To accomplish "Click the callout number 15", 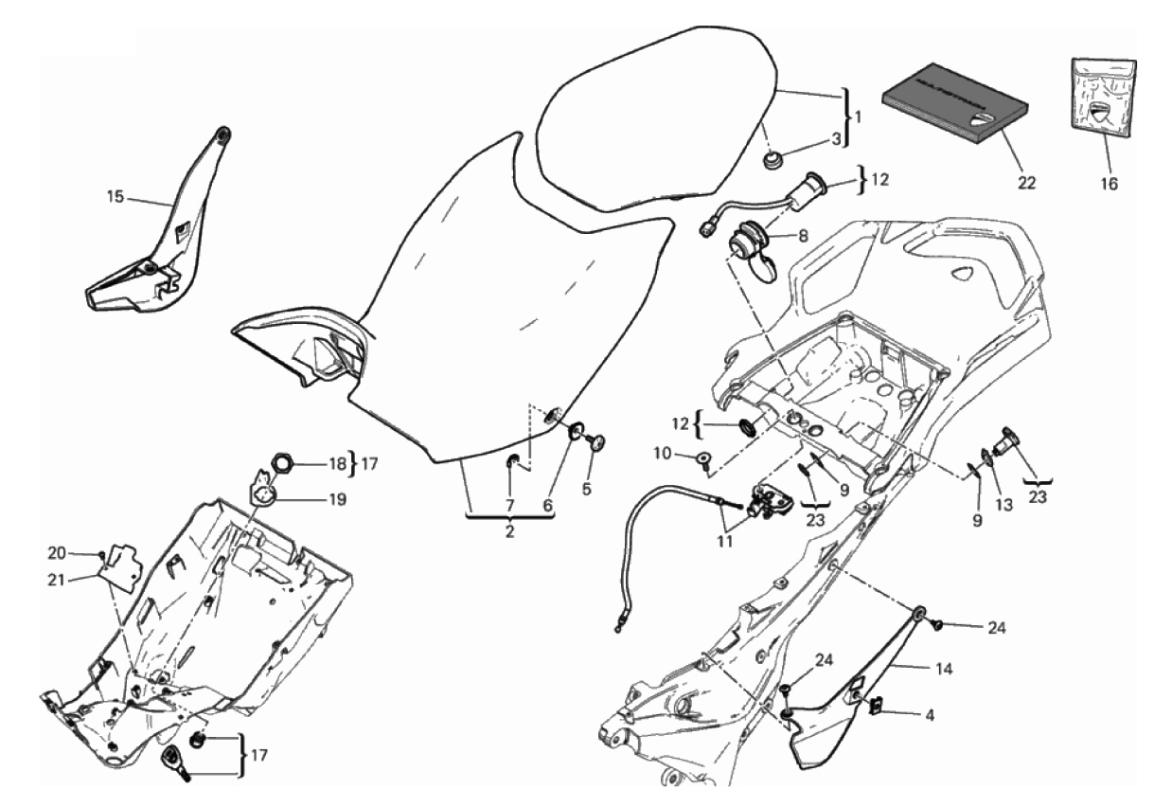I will pyautogui.click(x=115, y=197).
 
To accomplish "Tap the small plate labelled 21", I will pyautogui.click(x=122, y=565).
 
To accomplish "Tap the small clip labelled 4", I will pyautogui.click(x=876, y=704).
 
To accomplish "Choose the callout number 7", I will pyautogui.click(x=509, y=505).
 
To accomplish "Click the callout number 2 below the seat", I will pyautogui.click(x=509, y=532).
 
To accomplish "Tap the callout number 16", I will pyautogui.click(x=1108, y=183).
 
